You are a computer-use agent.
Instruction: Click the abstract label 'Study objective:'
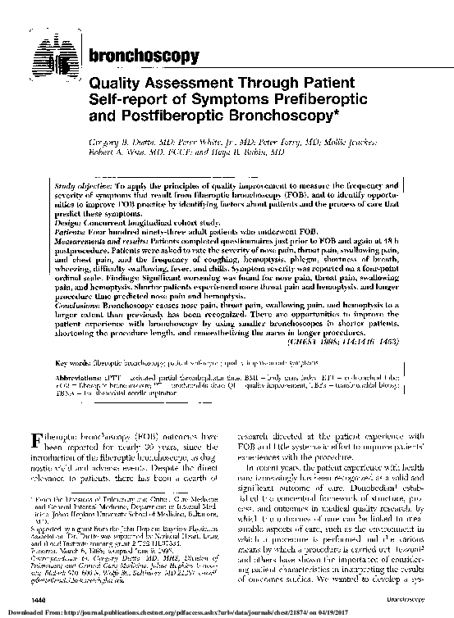82,186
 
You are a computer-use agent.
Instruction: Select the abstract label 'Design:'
68,221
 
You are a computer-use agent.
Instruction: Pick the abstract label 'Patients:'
71,233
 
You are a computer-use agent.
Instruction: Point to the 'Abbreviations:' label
79,381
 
